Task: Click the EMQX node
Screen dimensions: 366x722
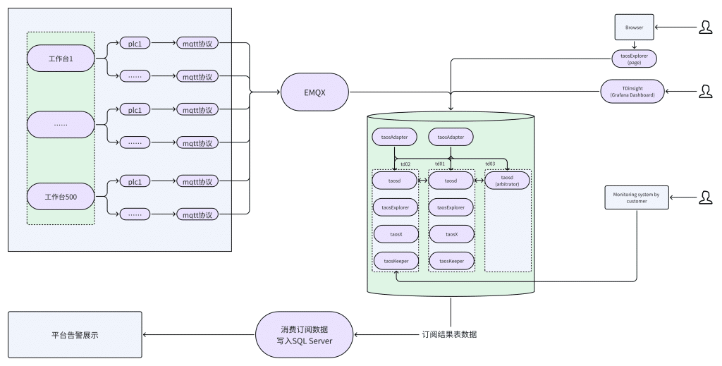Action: click(x=314, y=92)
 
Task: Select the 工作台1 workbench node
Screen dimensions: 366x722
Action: click(x=61, y=58)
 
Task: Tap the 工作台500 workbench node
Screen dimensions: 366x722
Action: click(x=61, y=196)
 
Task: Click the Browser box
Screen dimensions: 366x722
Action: click(x=632, y=28)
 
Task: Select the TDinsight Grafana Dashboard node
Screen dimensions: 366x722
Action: click(x=632, y=92)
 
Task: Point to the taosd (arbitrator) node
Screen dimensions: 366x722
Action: click(x=507, y=181)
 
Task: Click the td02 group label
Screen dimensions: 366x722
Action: click(x=405, y=164)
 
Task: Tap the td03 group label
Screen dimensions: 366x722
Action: click(x=490, y=164)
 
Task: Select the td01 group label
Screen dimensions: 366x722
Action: click(x=439, y=164)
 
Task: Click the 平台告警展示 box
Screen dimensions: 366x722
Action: click(x=75, y=335)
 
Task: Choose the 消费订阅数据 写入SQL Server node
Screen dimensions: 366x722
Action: click(x=303, y=334)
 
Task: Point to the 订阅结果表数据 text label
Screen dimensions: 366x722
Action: click(x=449, y=334)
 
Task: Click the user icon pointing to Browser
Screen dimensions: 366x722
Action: click(x=705, y=28)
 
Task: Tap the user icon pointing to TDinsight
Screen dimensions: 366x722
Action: click(x=705, y=92)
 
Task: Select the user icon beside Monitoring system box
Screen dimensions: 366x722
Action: click(x=705, y=197)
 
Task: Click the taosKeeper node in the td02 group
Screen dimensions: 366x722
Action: click(x=395, y=261)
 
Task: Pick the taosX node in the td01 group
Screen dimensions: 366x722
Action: click(x=451, y=234)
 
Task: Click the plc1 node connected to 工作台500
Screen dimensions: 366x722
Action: click(x=135, y=182)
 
